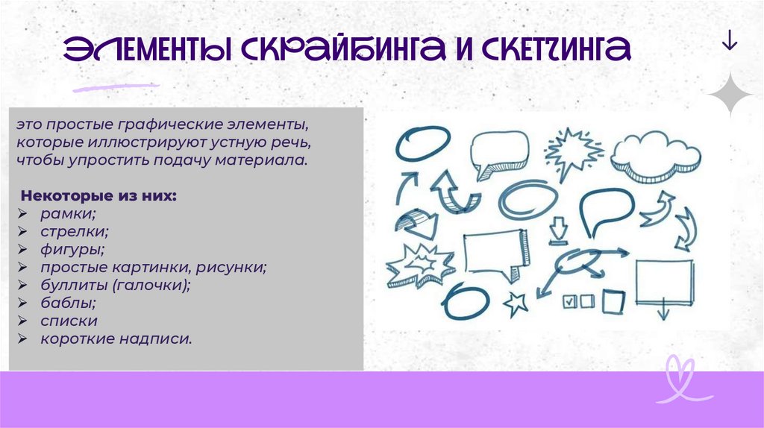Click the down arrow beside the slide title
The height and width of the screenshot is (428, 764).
[730, 43]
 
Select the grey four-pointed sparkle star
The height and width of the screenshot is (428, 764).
[730, 95]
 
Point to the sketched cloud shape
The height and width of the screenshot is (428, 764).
[654, 154]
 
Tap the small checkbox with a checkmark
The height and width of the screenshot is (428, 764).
[569, 302]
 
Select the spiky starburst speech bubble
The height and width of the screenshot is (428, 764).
[572, 152]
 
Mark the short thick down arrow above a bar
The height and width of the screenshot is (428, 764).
[557, 230]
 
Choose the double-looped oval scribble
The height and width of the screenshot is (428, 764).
[527, 199]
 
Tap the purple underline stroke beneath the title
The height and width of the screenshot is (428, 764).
[116, 88]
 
